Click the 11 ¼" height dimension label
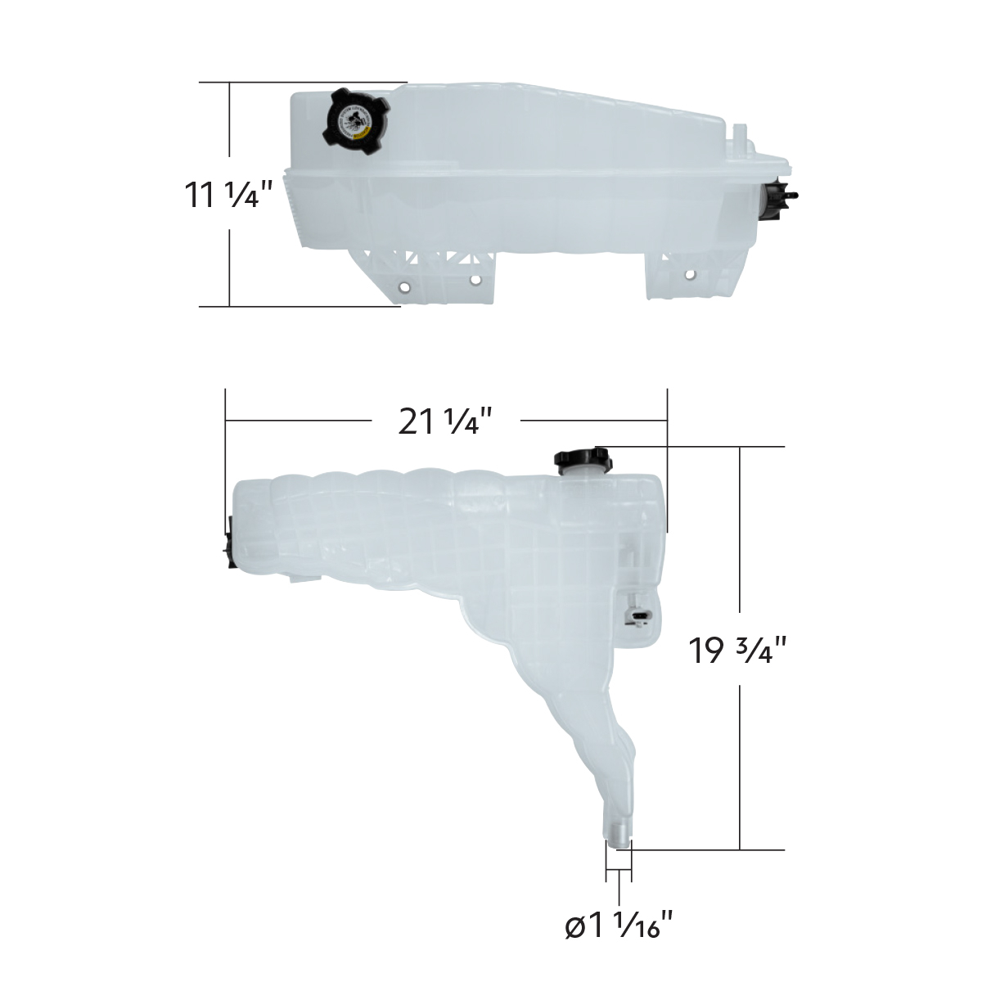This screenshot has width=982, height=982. pyautogui.click(x=227, y=195)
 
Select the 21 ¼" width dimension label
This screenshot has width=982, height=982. pyautogui.click(x=445, y=421)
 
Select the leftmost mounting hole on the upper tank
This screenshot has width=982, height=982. pyautogui.click(x=403, y=288)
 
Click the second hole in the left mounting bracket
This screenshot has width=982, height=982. pyautogui.click(x=475, y=280)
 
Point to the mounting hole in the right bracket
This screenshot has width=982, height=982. pyautogui.click(x=690, y=275)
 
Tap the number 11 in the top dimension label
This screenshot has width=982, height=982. pyautogui.click(x=200, y=195)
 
